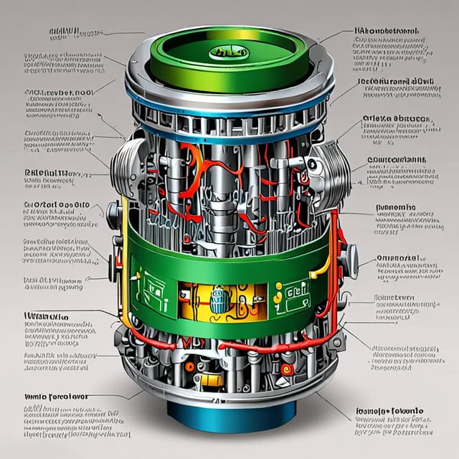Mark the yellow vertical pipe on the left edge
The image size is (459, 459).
click(x=123, y=258)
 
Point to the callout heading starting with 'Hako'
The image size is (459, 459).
click(x=387, y=32)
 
